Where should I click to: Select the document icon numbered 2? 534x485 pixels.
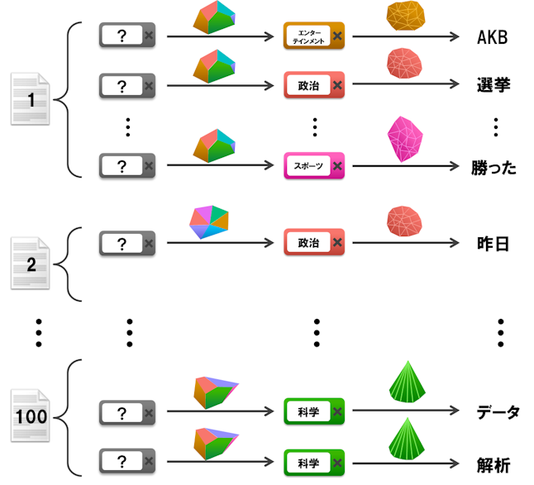(x=31, y=264)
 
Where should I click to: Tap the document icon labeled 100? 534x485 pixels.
(x=31, y=415)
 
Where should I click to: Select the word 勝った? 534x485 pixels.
(x=493, y=166)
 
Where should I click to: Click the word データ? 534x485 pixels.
(x=498, y=411)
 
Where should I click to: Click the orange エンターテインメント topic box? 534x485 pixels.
(x=313, y=36)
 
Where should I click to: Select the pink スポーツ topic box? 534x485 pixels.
(x=313, y=166)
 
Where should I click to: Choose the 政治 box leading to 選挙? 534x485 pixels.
(x=313, y=84)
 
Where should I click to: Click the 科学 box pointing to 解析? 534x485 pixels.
(x=313, y=460)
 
